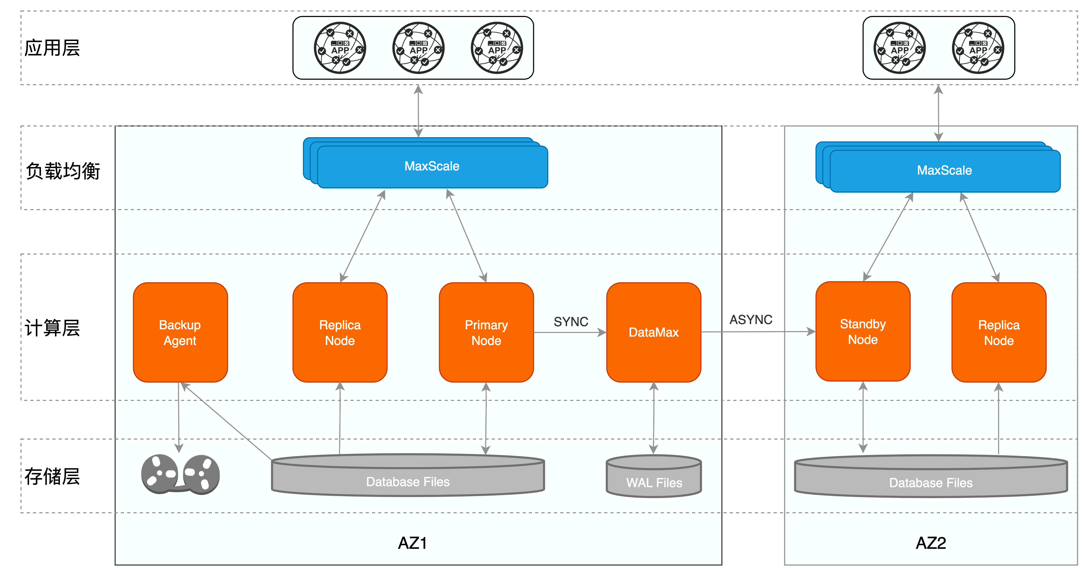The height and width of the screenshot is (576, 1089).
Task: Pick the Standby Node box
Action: tap(863, 331)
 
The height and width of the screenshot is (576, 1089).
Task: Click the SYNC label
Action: tap(571, 322)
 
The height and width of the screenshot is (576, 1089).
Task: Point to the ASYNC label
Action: tap(751, 319)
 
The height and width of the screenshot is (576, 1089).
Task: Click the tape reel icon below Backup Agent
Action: tap(180, 474)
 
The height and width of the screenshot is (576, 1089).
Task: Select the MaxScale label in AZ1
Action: tap(432, 166)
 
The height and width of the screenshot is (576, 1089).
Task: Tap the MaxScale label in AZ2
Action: tap(944, 170)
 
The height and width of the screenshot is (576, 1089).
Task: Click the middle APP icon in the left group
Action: tap(418, 48)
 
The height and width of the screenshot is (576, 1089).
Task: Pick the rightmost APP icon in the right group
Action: tap(978, 48)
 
